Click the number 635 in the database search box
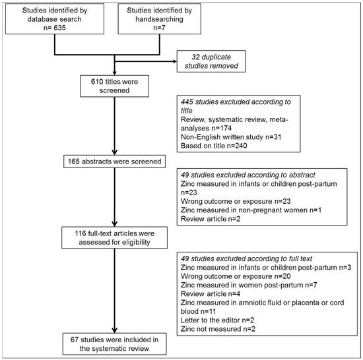tap(59, 28)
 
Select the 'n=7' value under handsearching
tap(159, 28)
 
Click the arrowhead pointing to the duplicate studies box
tap(174, 61)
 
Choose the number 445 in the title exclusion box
tap(187, 102)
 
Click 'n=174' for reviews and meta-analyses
tap(222, 128)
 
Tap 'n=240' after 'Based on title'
tap(237, 146)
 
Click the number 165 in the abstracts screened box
tap(74, 162)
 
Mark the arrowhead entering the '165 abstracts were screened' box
tap(115, 152)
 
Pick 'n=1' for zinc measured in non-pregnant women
tap(315, 210)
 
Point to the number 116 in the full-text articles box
tap(81, 233)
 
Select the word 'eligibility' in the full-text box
tap(136, 243)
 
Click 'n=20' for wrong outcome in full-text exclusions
tap(282, 276)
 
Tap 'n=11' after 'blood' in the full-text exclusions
tap(208, 311)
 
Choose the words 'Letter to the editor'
tap(210, 320)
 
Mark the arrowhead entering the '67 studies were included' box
tap(115, 330)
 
